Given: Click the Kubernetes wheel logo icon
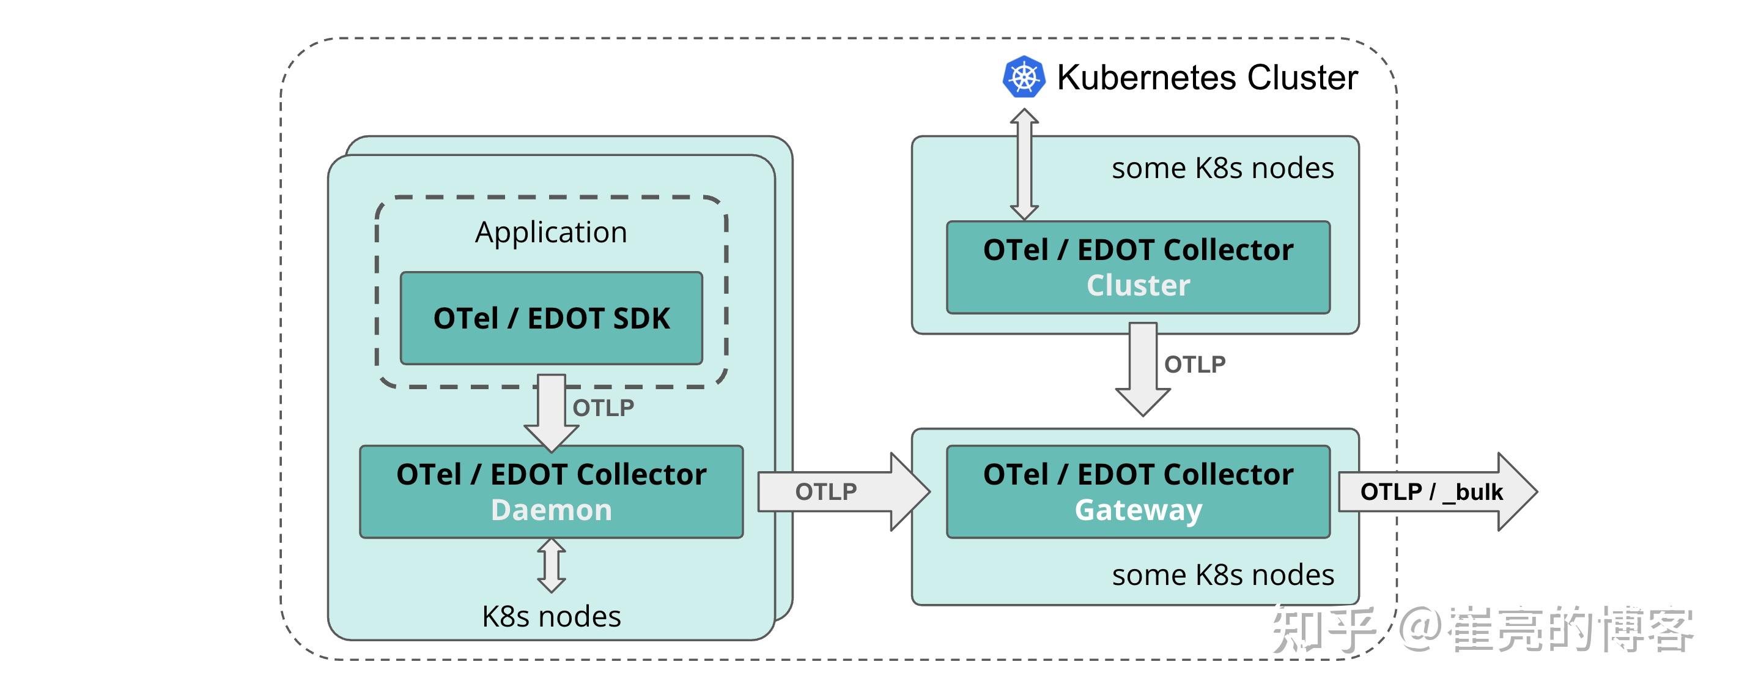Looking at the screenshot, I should (x=1024, y=77).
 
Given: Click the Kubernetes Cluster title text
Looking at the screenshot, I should (x=1207, y=77).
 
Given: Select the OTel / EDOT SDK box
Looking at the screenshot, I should (x=551, y=318).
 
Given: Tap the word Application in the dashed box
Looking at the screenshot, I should (x=551, y=233).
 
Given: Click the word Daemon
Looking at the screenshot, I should (x=551, y=510).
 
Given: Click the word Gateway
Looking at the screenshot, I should (x=1138, y=510).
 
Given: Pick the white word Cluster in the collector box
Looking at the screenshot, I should (x=1138, y=286).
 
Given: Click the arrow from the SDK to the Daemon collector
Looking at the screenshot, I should (x=551, y=412).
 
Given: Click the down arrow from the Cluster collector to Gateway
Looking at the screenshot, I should (x=1142, y=368).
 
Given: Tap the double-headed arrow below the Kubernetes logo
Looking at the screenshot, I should (x=1024, y=164).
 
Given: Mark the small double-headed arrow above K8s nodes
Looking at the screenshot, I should (x=551, y=565).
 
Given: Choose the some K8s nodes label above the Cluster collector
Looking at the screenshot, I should (x=1222, y=168).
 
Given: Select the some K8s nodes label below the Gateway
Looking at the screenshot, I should (x=1222, y=576).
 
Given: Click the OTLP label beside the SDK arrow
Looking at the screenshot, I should (x=604, y=408).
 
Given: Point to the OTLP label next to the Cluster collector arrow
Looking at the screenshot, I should (x=1194, y=365).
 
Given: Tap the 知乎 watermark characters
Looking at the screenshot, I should (x=1323, y=630).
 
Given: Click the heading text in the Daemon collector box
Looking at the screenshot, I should (x=551, y=475).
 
